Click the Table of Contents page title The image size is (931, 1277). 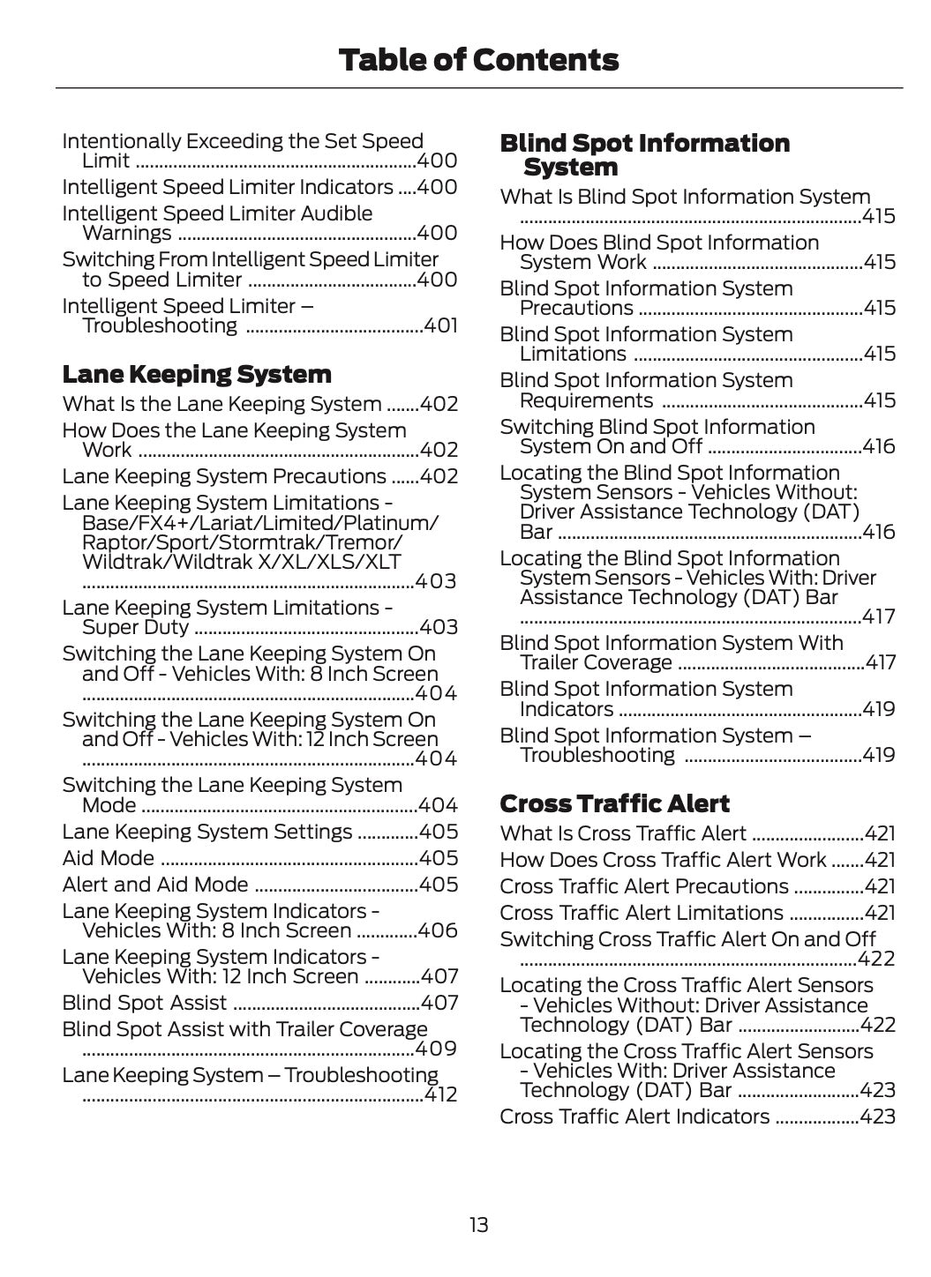pyautogui.click(x=478, y=60)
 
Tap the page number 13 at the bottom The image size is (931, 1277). pyautogui.click(x=478, y=1225)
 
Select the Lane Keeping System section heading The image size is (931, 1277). pyautogui.click(x=197, y=375)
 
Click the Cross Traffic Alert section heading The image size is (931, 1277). pyautogui.click(x=614, y=804)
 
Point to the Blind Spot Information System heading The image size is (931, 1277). pyautogui.click(x=644, y=155)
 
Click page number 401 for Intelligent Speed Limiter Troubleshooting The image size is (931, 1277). pyautogui.click(x=440, y=326)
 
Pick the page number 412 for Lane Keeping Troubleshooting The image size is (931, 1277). pyautogui.click(x=440, y=1095)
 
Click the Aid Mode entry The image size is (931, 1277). pyautogui.click(x=109, y=859)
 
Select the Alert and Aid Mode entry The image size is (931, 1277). pyautogui.click(x=155, y=885)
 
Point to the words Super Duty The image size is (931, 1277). pyautogui.click(x=135, y=628)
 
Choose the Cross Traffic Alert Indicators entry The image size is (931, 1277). pyautogui.click(x=634, y=1117)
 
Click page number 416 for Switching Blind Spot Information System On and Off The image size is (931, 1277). pyautogui.click(x=878, y=447)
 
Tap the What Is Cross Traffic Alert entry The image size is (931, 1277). pyautogui.click(x=623, y=834)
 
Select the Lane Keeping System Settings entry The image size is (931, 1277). pyautogui.click(x=207, y=833)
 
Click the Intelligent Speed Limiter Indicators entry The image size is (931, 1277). pyautogui.click(x=228, y=188)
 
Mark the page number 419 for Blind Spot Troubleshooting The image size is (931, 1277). pyautogui.click(x=878, y=756)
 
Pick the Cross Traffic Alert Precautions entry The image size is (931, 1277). pyautogui.click(x=644, y=887)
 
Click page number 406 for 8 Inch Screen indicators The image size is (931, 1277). pyautogui.click(x=439, y=931)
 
